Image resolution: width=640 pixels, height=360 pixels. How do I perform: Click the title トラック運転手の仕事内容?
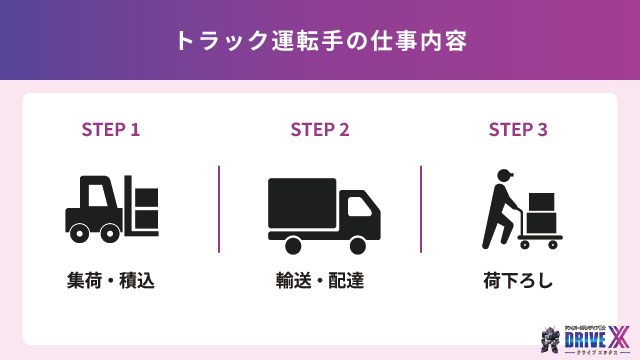(320, 41)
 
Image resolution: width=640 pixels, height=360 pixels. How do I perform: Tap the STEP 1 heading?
(110, 129)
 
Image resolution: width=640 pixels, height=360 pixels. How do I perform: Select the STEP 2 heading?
(320, 129)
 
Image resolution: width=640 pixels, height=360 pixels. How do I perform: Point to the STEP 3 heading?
(518, 129)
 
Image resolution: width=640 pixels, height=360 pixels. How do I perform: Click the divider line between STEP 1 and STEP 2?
(219, 209)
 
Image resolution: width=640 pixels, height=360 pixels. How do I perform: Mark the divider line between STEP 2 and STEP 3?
(421, 209)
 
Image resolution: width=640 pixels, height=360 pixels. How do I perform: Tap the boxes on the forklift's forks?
(147, 208)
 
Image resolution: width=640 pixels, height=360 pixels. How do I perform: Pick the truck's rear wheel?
(293, 244)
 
